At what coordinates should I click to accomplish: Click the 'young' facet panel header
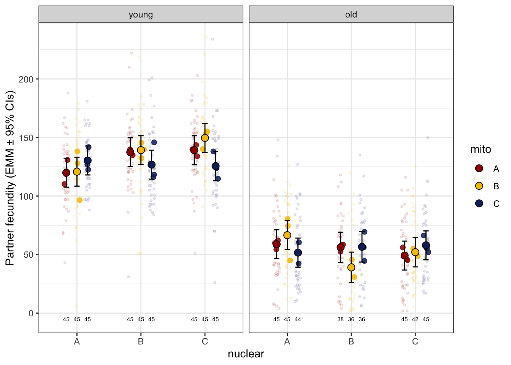pyautogui.click(x=141, y=15)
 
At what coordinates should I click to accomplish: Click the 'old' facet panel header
pyautogui.click(x=351, y=15)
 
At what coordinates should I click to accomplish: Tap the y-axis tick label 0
pyautogui.click(x=31, y=313)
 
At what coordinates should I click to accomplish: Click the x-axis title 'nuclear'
pyautogui.click(x=246, y=354)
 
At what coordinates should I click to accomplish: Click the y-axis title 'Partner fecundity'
pyautogui.click(x=10, y=178)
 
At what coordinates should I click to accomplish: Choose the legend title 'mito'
pyautogui.click(x=481, y=149)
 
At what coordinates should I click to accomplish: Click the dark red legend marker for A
pyautogui.click(x=479, y=168)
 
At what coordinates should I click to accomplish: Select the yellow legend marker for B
pyautogui.click(x=479, y=186)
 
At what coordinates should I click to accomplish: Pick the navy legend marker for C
pyautogui.click(x=479, y=203)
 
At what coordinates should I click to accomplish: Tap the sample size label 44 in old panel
pyautogui.click(x=298, y=319)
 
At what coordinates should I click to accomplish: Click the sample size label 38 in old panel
pyautogui.click(x=340, y=319)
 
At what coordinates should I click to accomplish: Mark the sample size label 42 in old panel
pyautogui.click(x=415, y=319)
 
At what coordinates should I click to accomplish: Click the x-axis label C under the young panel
pyautogui.click(x=205, y=341)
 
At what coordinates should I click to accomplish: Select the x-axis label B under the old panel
pyautogui.click(x=351, y=341)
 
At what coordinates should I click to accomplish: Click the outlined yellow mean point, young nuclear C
pyautogui.click(x=205, y=138)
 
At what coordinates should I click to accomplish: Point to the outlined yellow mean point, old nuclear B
pyautogui.click(x=351, y=267)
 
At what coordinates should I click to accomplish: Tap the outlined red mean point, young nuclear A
pyautogui.click(x=66, y=173)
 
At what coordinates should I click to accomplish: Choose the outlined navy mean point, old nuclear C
pyautogui.click(x=426, y=245)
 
